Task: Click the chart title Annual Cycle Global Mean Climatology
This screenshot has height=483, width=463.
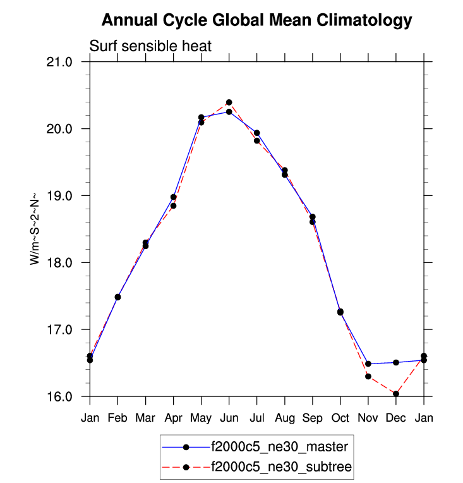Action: click(x=256, y=21)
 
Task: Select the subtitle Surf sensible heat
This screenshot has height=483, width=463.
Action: click(x=150, y=46)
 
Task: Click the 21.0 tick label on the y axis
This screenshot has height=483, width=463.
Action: click(x=62, y=62)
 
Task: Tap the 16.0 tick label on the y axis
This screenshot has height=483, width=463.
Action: click(x=62, y=396)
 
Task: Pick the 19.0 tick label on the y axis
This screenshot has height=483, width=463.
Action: click(x=62, y=196)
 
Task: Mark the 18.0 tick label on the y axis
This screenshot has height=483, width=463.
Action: click(x=62, y=263)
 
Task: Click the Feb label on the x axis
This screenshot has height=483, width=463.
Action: click(x=117, y=418)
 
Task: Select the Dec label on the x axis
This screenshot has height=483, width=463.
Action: click(x=395, y=418)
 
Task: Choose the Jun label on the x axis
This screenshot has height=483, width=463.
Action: click(x=229, y=418)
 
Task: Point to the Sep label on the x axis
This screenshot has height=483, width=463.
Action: click(x=312, y=418)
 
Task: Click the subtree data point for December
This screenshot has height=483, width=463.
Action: click(x=396, y=394)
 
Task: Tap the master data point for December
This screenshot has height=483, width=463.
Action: click(x=396, y=362)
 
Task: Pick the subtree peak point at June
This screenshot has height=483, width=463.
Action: click(x=229, y=102)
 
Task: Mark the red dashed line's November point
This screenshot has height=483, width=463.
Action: click(x=368, y=376)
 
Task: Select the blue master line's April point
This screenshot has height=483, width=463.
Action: click(x=173, y=197)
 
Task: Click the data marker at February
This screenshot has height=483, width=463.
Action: click(x=117, y=297)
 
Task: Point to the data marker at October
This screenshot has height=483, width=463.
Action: click(x=340, y=312)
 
